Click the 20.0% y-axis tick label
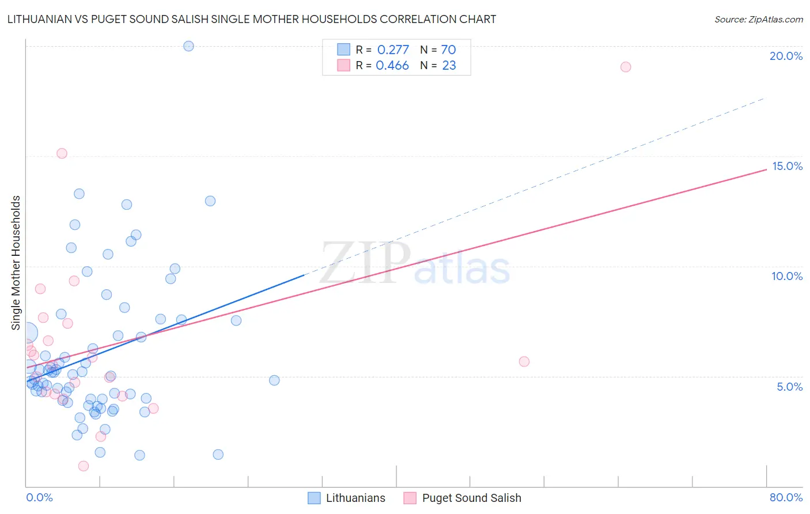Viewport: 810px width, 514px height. (x=786, y=56)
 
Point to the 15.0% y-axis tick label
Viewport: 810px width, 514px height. (x=787, y=166)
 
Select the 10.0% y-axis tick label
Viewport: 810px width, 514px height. (x=787, y=276)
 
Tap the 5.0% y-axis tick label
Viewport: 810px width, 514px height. (x=789, y=387)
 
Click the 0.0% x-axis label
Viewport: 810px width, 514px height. (x=39, y=497)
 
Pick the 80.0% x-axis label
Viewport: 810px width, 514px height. (x=786, y=497)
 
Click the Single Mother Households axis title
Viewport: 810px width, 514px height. (x=16, y=263)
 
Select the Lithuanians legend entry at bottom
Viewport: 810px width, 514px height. (x=346, y=498)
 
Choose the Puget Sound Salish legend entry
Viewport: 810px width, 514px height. (x=463, y=498)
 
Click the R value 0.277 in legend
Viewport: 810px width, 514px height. (x=393, y=50)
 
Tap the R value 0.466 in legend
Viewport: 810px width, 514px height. (x=392, y=66)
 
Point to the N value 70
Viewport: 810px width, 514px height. (x=448, y=50)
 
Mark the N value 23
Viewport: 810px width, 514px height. (x=449, y=66)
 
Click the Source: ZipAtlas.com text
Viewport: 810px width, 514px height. (x=758, y=20)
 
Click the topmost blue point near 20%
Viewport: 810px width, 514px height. (x=188, y=46)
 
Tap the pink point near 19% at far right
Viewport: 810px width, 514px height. (x=626, y=67)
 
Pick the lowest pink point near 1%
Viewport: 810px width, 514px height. (x=84, y=466)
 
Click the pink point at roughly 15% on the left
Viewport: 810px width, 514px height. (x=62, y=153)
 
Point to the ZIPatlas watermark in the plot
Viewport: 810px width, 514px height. (x=415, y=264)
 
